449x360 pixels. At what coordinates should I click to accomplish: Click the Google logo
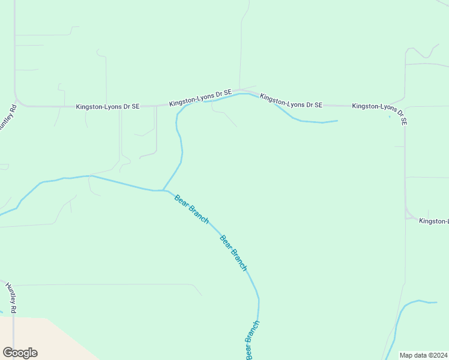[20, 353]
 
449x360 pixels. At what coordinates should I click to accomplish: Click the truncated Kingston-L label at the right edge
[433, 221]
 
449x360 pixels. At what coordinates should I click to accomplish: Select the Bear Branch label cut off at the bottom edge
[252, 341]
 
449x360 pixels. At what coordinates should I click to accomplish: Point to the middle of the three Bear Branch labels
[233, 253]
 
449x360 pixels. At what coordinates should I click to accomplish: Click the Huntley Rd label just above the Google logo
[11, 298]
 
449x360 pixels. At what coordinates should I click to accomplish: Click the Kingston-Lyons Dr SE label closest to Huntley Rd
[107, 107]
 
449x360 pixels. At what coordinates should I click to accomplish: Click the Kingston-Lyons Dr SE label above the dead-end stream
[291, 101]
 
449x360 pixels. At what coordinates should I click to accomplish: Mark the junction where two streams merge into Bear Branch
[163, 190]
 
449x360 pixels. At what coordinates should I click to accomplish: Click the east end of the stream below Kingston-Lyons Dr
[337, 121]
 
